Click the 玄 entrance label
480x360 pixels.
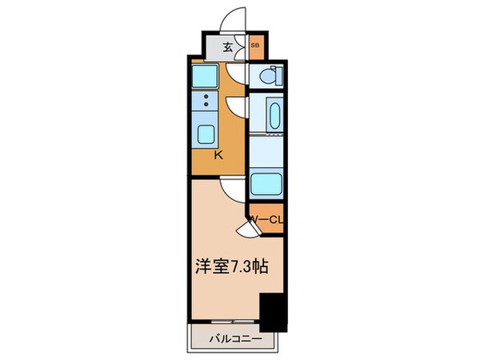pos(227,46)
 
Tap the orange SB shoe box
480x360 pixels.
pos(255,46)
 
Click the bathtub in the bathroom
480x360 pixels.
pos(270,114)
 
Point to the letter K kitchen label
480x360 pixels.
pos(218,155)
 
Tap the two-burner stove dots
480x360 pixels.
pos(206,102)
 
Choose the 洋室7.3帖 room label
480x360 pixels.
pos(229,269)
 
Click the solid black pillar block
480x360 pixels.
pos(273,312)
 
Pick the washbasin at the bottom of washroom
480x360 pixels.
pos(266,183)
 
